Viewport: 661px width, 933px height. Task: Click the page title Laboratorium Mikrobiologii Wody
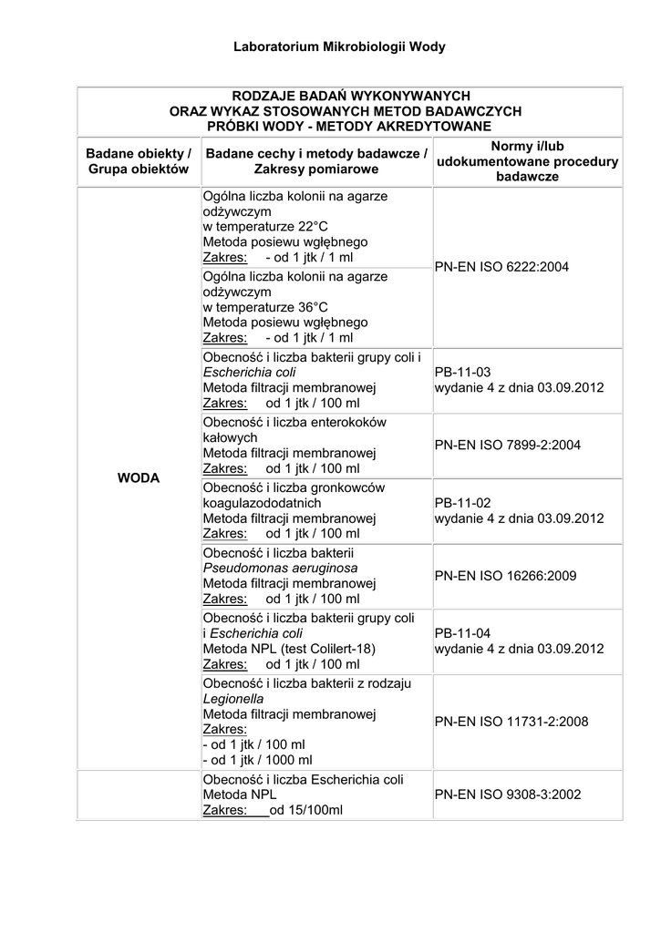[339, 46]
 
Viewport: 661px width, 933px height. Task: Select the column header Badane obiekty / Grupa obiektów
[139, 161]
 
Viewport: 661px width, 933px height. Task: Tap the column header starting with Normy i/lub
[528, 161]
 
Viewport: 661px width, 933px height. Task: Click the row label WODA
[139, 477]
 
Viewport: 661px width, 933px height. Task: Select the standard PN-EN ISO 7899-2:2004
[508, 445]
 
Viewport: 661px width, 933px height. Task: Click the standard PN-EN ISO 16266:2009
[505, 576]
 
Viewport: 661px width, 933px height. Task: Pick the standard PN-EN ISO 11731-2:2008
[511, 722]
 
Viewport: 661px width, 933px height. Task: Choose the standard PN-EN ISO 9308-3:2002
[508, 795]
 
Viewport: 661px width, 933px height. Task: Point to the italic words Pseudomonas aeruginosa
[280, 568]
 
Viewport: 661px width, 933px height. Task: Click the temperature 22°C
[309, 226]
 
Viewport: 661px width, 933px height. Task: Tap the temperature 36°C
[309, 307]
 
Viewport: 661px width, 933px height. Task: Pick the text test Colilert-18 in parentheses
[327, 649]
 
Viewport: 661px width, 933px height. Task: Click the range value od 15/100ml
[306, 810]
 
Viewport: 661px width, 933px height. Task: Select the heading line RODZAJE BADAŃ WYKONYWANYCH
[350, 96]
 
